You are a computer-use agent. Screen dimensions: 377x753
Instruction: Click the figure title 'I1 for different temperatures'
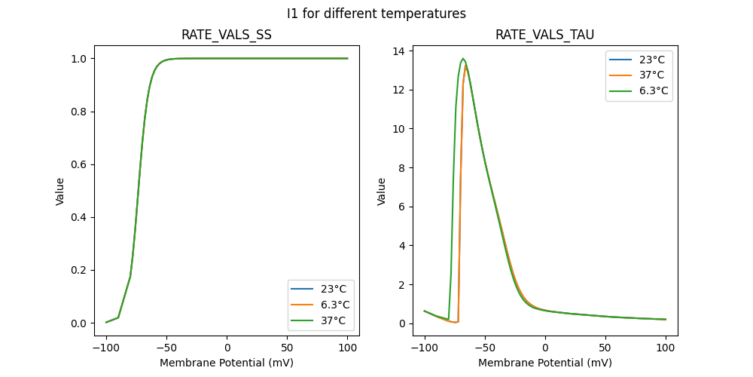click(376, 14)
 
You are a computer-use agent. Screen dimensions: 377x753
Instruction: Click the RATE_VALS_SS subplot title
click(227, 35)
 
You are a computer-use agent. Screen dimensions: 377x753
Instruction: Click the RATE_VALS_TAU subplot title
click(544, 35)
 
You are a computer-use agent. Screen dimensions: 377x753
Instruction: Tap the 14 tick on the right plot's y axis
click(399, 51)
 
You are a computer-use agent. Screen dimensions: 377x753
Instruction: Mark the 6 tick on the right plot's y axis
click(402, 207)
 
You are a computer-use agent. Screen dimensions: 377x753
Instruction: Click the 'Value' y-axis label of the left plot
click(60, 192)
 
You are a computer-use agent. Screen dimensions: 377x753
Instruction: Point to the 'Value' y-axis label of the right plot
click(382, 192)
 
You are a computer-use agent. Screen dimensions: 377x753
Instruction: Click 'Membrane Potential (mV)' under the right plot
click(544, 363)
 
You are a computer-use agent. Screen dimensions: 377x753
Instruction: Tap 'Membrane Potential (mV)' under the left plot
click(227, 363)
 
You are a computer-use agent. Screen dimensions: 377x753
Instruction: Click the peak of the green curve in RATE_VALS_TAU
click(463, 59)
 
